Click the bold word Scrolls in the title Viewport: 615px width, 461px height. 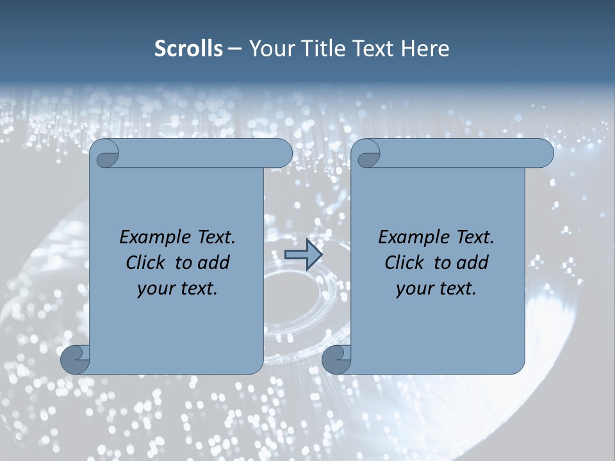(x=189, y=49)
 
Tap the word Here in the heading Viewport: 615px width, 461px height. (x=425, y=49)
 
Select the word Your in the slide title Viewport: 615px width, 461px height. (x=270, y=49)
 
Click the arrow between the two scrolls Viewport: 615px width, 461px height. (x=303, y=255)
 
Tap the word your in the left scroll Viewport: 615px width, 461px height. (x=155, y=289)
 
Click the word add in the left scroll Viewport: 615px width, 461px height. (x=214, y=263)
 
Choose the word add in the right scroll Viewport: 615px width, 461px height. (x=473, y=263)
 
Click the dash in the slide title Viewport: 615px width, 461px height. (x=234, y=49)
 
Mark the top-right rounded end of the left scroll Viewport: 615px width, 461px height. (x=282, y=154)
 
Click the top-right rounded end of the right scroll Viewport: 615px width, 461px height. (x=543, y=154)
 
